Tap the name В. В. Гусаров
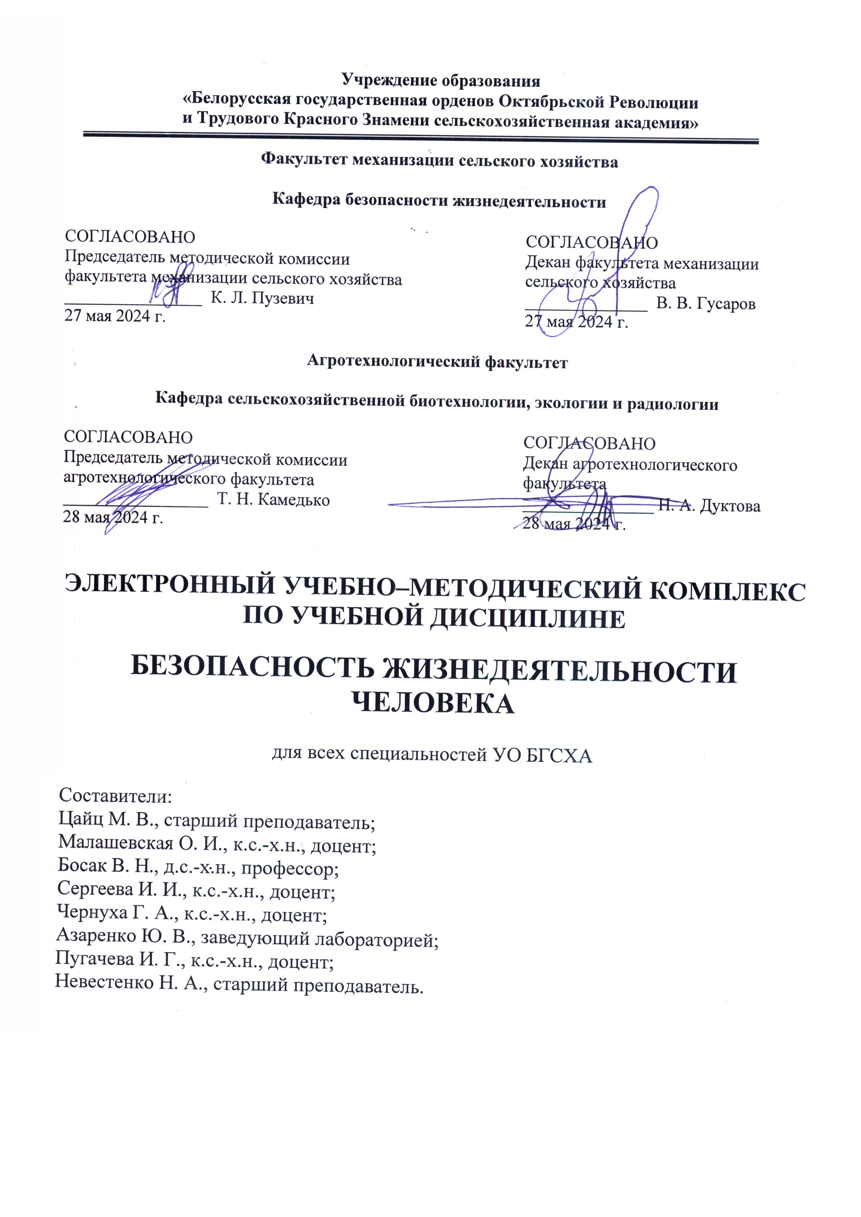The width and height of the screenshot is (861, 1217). click(x=706, y=304)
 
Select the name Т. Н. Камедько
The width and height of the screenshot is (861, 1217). click(x=274, y=499)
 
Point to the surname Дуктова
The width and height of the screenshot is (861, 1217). click(x=730, y=506)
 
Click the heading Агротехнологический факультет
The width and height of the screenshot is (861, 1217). click(x=437, y=362)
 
